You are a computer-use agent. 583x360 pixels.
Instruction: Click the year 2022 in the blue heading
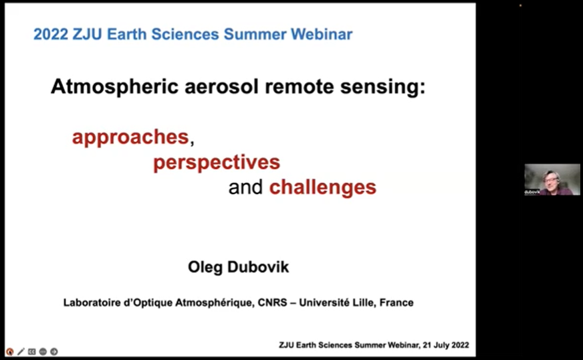click(51, 34)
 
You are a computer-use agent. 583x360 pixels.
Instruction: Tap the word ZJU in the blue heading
click(87, 34)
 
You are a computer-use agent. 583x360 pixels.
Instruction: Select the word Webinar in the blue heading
click(322, 34)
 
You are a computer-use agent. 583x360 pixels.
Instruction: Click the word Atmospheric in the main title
click(115, 87)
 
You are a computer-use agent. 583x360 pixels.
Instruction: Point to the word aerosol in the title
click(221, 87)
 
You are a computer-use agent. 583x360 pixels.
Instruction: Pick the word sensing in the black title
click(382, 88)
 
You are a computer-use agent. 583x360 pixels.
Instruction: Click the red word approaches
click(130, 138)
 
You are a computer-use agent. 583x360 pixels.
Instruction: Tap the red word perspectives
click(217, 163)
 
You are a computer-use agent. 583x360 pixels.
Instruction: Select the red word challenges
click(323, 187)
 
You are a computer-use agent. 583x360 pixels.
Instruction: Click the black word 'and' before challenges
click(245, 187)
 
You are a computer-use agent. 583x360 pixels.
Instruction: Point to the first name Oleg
click(205, 267)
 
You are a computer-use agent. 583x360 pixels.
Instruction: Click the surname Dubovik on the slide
click(258, 267)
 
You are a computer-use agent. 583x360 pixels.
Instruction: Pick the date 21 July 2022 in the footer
click(446, 345)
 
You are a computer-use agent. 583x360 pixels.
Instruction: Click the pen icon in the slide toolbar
click(21, 351)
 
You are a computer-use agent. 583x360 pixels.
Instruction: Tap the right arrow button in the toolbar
click(54, 351)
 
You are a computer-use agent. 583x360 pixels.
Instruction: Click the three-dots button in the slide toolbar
click(43, 351)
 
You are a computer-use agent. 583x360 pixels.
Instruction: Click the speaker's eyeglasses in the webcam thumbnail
click(552, 180)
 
